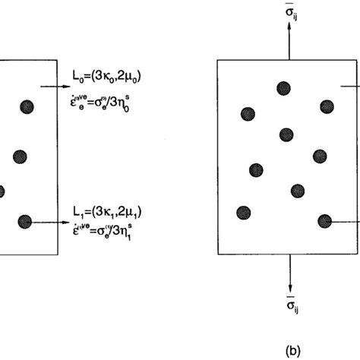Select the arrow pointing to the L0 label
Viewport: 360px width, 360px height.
(x=53, y=87)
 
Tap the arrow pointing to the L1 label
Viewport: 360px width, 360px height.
(x=53, y=223)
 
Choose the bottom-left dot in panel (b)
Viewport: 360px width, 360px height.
(x=244, y=212)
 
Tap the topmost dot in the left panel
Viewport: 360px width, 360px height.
(x=27, y=106)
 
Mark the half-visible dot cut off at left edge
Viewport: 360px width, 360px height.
(x=2, y=191)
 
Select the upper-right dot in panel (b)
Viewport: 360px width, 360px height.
(x=328, y=106)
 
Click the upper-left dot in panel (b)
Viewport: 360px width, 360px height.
(x=248, y=114)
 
